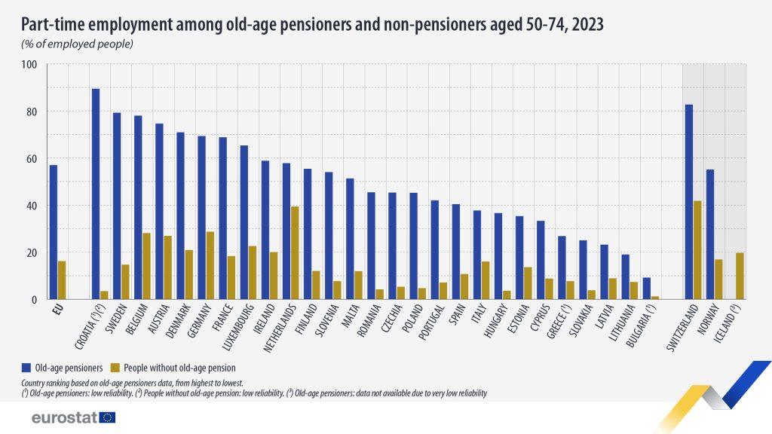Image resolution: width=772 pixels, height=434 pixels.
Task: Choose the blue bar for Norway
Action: pyautogui.click(x=710, y=234)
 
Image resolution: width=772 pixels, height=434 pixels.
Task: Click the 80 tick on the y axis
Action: pyautogui.click(x=31, y=112)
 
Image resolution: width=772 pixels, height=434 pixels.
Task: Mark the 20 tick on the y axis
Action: pyautogui.click(x=31, y=252)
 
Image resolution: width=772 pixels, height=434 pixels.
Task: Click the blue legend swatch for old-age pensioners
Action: pyautogui.click(x=26, y=368)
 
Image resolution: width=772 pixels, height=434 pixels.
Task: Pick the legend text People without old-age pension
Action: pyautogui.click(x=173, y=368)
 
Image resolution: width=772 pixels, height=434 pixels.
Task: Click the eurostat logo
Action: pyautogui.click(x=74, y=417)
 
